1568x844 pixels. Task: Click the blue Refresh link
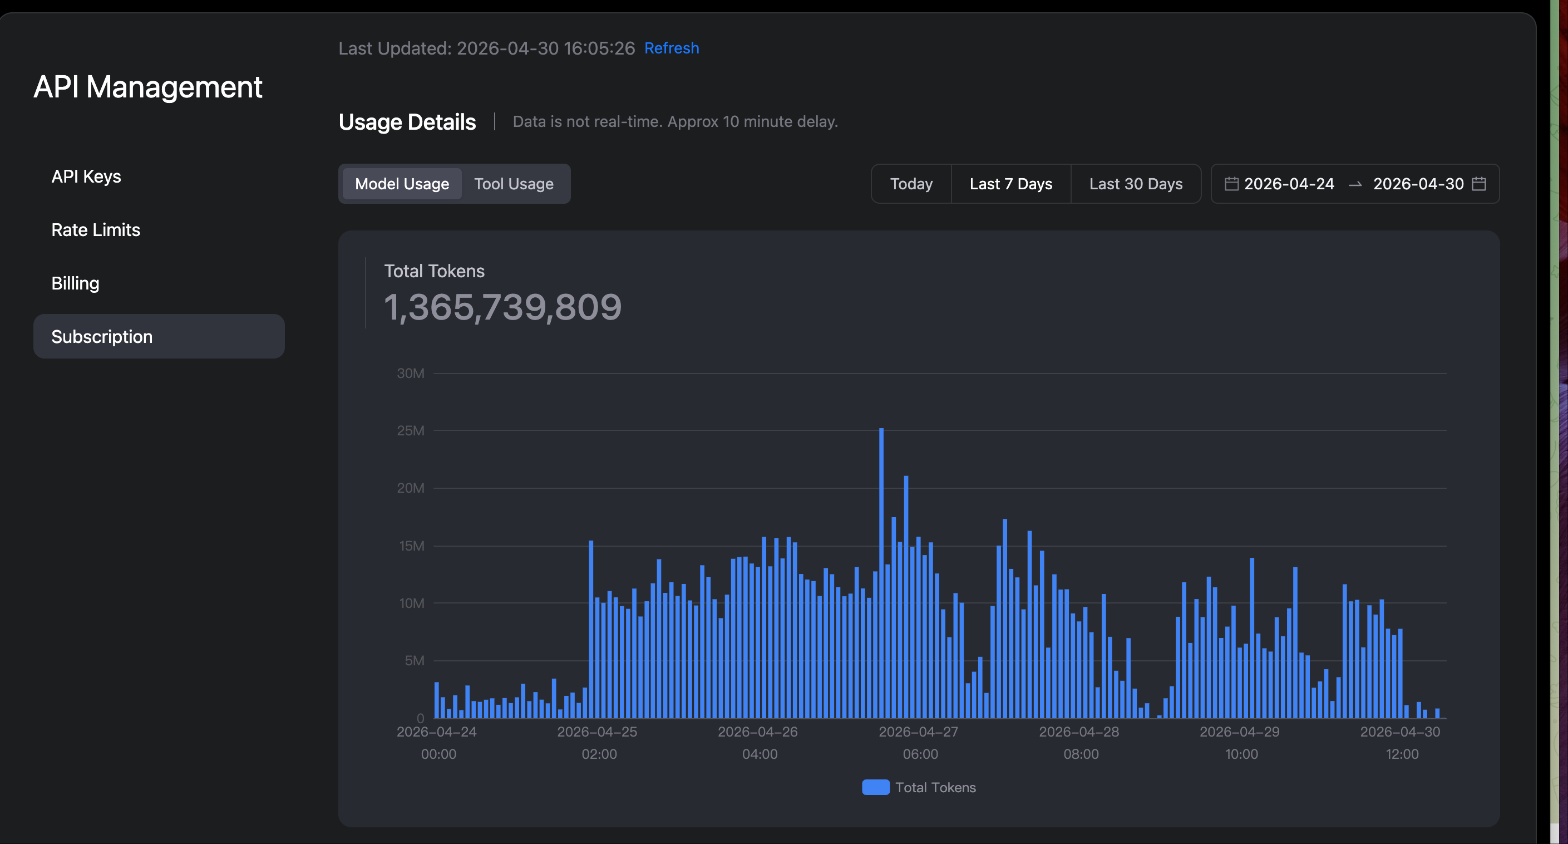(x=672, y=48)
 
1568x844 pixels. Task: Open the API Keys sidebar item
(x=86, y=176)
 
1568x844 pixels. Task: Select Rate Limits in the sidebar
(x=96, y=229)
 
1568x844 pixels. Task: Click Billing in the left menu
(x=75, y=283)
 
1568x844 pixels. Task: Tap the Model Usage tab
(x=402, y=184)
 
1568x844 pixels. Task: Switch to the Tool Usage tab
(x=514, y=184)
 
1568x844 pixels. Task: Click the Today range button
(x=911, y=184)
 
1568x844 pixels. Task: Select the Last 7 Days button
(x=1011, y=184)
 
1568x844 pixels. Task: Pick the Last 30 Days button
(x=1136, y=184)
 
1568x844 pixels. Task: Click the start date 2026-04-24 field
(x=1289, y=184)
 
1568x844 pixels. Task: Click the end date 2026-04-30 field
(x=1418, y=184)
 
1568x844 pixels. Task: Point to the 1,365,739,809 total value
(x=503, y=307)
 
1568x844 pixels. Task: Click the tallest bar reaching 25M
(x=881, y=573)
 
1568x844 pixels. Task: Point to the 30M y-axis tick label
(x=411, y=373)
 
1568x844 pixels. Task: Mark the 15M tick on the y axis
(x=412, y=546)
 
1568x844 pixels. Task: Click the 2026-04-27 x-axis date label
(x=918, y=732)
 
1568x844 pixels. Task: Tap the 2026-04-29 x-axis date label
(x=1239, y=732)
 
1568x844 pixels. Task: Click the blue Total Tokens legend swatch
(x=875, y=787)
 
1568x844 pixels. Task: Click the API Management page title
(x=148, y=86)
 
